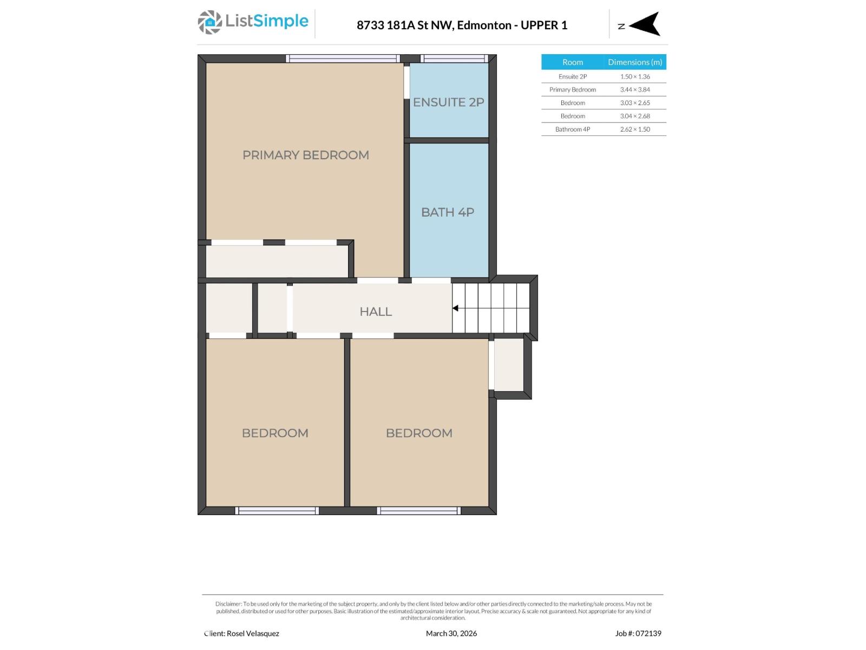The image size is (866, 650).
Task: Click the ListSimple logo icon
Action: pyautogui.click(x=209, y=22)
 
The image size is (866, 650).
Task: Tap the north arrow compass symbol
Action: pyautogui.click(x=645, y=24)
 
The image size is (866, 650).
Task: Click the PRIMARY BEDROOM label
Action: pyautogui.click(x=305, y=155)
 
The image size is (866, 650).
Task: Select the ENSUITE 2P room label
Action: pyautogui.click(x=448, y=102)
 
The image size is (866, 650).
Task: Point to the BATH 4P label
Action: pyautogui.click(x=448, y=212)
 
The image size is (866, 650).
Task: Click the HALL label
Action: pyautogui.click(x=376, y=311)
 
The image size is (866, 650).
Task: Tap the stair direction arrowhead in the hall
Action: pyautogui.click(x=456, y=308)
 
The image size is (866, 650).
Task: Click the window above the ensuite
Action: pyautogui.click(x=455, y=58)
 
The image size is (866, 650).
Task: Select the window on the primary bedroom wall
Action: pyautogui.click(x=343, y=58)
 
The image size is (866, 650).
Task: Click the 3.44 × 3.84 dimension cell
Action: pyautogui.click(x=635, y=90)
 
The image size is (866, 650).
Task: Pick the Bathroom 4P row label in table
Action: pyautogui.click(x=573, y=129)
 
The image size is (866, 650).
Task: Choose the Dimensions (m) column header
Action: pyautogui.click(x=635, y=62)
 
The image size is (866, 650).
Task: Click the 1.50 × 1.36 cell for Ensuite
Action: pyautogui.click(x=635, y=77)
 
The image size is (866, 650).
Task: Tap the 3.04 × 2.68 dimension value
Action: pyautogui.click(x=635, y=116)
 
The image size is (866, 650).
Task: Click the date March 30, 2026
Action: pyautogui.click(x=451, y=633)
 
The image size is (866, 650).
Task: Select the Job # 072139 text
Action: pyautogui.click(x=638, y=633)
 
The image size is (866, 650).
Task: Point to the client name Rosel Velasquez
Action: pyautogui.click(x=253, y=633)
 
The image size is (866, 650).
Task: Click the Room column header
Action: pyautogui.click(x=573, y=62)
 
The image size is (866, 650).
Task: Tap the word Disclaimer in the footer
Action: pyautogui.click(x=228, y=604)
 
